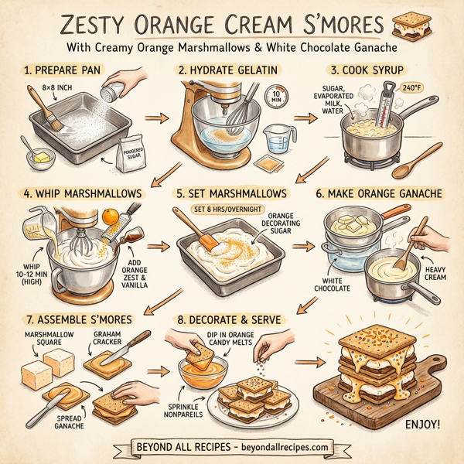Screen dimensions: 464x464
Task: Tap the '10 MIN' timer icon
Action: pyautogui.click(x=275, y=97)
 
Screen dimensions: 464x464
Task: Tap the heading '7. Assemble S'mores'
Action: pyautogui.click(x=74, y=318)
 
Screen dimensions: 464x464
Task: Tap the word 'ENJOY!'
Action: pyautogui.click(x=425, y=425)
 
